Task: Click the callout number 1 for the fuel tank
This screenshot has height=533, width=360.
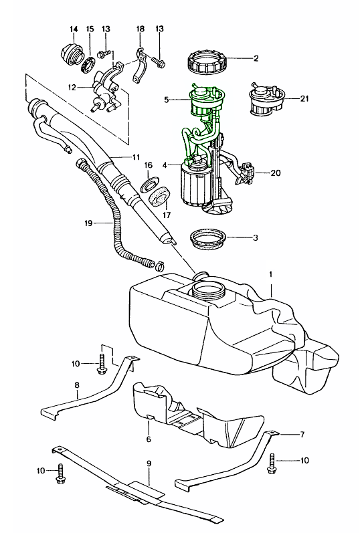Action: pos(271,274)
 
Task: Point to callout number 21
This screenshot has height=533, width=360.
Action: pos(304,98)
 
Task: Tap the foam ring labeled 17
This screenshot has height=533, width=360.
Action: pos(159,196)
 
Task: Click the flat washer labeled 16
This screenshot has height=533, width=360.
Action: pos(149,183)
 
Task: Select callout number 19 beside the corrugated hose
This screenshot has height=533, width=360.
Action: pos(88,223)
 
